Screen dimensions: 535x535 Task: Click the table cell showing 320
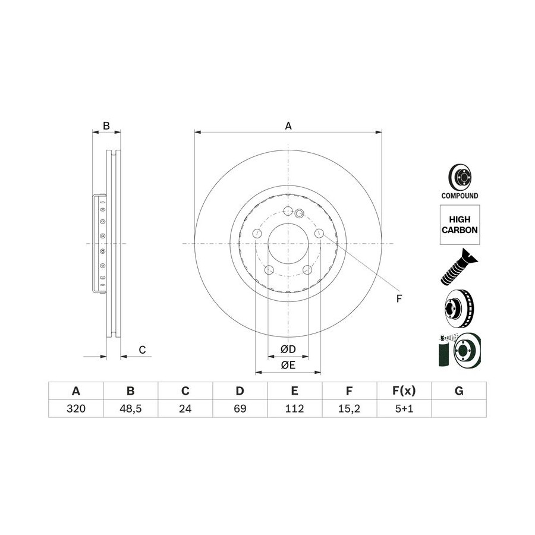tap(75, 408)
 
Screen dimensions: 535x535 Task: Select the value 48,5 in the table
tap(131, 408)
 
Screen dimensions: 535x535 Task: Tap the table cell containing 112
tap(294, 408)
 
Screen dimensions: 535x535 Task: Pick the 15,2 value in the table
tap(350, 408)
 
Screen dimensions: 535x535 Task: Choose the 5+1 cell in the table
tap(404, 408)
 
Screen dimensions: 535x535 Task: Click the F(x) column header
tap(404, 391)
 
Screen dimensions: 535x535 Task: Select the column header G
tap(459, 391)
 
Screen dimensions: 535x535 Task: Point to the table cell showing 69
tap(240, 408)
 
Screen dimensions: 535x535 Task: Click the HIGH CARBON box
tap(460, 225)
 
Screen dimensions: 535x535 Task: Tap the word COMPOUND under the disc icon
tap(460, 196)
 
